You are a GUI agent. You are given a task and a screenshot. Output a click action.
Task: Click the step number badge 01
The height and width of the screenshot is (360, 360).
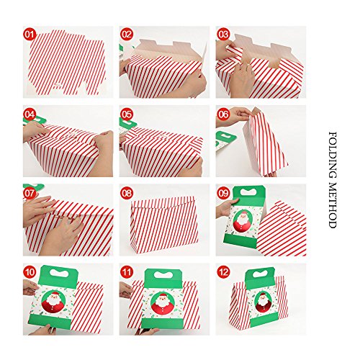pyautogui.click(x=30, y=35)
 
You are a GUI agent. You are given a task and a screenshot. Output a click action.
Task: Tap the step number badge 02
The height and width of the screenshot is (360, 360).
pyautogui.click(x=127, y=35)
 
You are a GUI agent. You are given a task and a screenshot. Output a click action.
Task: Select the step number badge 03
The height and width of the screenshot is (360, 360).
pyautogui.click(x=223, y=35)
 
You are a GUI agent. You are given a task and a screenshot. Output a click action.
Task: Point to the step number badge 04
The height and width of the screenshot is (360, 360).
pyautogui.click(x=30, y=114)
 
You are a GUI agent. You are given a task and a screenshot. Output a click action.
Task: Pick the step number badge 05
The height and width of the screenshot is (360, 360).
pyautogui.click(x=127, y=114)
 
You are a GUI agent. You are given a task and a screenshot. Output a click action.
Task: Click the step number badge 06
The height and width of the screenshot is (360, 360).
pyautogui.click(x=223, y=114)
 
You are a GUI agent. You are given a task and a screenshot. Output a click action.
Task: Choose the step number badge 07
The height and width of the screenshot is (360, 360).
pyautogui.click(x=30, y=194)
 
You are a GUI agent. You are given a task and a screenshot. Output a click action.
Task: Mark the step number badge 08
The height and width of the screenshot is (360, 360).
pyautogui.click(x=127, y=194)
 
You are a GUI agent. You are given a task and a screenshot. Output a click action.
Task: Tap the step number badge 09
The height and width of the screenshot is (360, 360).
pyautogui.click(x=223, y=194)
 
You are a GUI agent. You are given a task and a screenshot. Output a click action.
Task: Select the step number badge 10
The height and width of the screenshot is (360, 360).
pyautogui.click(x=30, y=272)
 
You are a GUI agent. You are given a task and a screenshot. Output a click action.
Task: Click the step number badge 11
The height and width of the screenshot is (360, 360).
pyautogui.click(x=127, y=272)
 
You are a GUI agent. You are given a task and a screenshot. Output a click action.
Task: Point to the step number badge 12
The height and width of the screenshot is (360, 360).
pyautogui.click(x=223, y=272)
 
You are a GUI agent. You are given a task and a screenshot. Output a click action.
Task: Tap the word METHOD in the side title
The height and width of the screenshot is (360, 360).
pyautogui.click(x=333, y=205)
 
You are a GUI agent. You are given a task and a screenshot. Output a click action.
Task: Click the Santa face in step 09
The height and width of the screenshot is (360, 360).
pyautogui.click(x=243, y=216)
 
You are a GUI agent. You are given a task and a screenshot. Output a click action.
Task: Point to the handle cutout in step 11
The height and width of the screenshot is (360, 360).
pyautogui.click(x=163, y=275)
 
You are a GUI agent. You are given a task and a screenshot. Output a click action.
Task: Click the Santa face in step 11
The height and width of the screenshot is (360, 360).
pyautogui.click(x=163, y=300)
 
